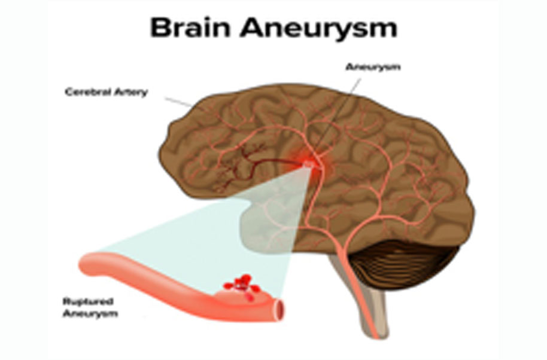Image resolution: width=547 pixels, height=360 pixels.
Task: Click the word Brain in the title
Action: pos(190,27)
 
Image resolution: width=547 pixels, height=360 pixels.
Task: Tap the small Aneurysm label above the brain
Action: pos(373,67)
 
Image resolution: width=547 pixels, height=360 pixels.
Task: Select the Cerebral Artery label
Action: pos(107,91)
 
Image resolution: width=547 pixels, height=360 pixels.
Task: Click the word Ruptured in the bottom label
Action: pos(88,301)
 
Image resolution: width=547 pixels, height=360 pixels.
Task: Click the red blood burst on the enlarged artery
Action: pos(242,286)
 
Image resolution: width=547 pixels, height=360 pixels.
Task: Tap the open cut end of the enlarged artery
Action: pos(279,310)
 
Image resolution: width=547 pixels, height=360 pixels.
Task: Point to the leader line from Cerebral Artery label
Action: pos(179,102)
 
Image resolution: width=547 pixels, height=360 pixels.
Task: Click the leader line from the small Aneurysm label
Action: pos(337,118)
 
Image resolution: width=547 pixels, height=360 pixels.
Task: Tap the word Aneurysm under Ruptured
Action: pos(90,313)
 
